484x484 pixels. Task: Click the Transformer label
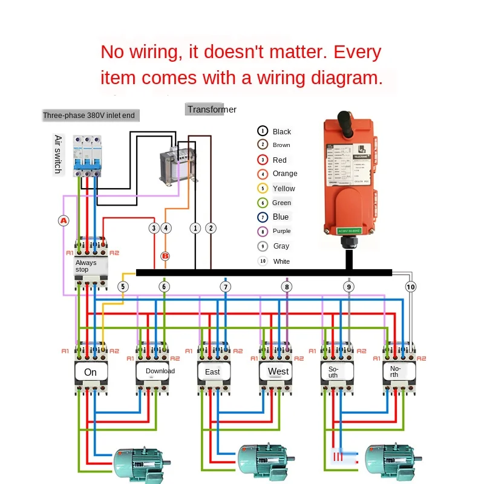click(x=211, y=110)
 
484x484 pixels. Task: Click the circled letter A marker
click(x=64, y=221)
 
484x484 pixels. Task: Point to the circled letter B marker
click(x=164, y=255)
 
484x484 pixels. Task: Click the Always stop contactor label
click(x=87, y=266)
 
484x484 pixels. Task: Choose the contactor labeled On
click(x=91, y=371)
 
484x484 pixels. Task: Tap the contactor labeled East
click(x=213, y=371)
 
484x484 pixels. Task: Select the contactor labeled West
click(x=278, y=371)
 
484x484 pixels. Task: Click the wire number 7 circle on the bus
click(x=226, y=287)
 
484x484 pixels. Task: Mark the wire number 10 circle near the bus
click(x=411, y=287)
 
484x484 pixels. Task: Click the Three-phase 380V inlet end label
click(x=89, y=115)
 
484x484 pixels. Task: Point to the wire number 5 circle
click(x=123, y=287)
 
